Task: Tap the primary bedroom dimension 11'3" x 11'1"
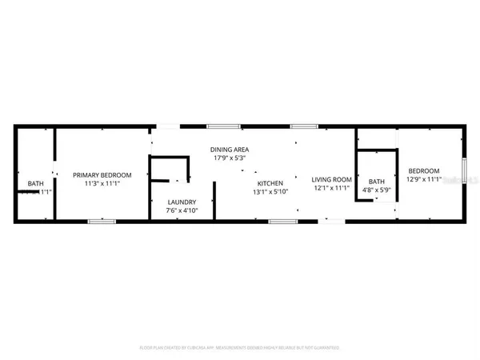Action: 95,183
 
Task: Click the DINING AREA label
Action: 227,150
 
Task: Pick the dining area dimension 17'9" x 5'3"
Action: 227,158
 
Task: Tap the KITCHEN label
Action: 269,183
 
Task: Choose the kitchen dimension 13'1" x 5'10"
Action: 269,192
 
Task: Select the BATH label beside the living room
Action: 375,182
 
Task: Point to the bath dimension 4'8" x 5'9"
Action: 375,190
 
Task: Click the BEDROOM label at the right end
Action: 423,170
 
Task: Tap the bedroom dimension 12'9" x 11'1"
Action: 423,179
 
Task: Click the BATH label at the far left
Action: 35,184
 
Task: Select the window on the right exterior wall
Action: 464,170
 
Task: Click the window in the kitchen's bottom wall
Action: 278,221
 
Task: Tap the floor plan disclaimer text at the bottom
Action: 240,348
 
